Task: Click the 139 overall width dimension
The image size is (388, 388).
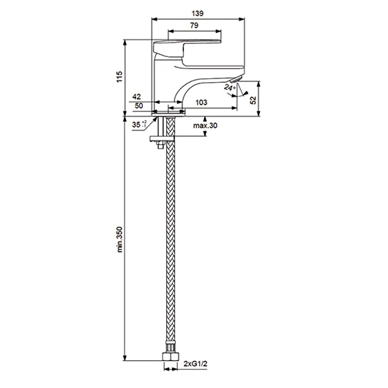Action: coord(198,13)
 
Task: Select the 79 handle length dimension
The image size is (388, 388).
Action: coord(194,25)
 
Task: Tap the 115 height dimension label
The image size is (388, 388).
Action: coord(119,77)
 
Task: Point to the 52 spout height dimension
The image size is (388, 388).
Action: coord(253,100)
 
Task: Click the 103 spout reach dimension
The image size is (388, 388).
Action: coord(201,102)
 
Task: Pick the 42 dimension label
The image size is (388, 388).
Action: coord(136,97)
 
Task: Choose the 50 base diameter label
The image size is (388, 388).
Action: coord(138,105)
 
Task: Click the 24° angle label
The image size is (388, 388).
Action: coord(229,87)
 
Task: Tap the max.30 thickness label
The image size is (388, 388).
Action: coord(205,125)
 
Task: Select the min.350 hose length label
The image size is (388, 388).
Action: coord(120,239)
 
